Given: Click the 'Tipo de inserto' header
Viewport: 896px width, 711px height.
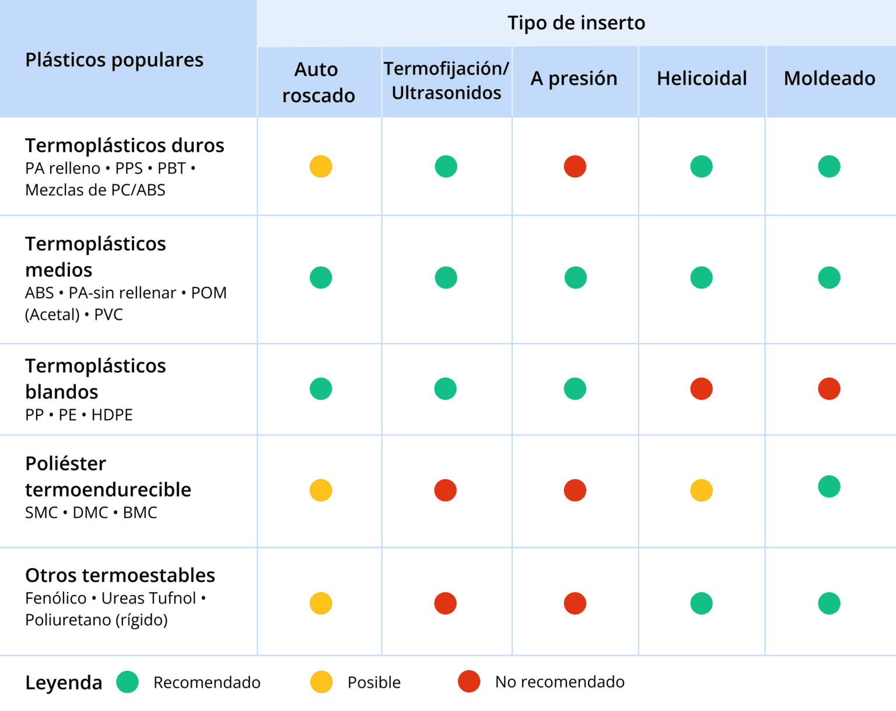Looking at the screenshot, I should pos(576,23).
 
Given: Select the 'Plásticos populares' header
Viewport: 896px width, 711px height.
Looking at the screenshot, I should pos(114,59).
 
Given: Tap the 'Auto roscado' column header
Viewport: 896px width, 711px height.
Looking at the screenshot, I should pos(318,82).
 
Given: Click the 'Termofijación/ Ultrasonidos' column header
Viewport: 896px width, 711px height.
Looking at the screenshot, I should pos(446,80).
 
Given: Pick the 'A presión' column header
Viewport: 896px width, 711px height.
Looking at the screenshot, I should pos(574,78).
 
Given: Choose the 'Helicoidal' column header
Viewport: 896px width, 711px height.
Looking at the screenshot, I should pos(702,78).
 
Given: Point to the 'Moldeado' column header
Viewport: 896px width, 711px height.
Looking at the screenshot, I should pos(829,78).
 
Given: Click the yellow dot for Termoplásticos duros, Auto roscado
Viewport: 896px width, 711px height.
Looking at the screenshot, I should pos(321,167).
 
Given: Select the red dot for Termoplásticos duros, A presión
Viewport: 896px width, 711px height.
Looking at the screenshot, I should pos(575,167).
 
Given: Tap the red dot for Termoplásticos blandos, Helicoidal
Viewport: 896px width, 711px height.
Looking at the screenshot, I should pos(701,389).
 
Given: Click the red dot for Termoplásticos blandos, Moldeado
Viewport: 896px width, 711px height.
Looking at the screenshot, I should pos(829,389).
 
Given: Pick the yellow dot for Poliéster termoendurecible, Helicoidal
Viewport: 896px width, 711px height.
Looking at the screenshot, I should pos(701,491).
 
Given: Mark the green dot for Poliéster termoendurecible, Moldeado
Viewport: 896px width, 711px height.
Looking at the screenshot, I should pos(829,486).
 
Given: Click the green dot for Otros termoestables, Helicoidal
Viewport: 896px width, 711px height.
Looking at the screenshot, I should pos(701,604).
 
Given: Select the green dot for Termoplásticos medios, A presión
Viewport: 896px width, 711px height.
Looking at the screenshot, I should pos(575,278).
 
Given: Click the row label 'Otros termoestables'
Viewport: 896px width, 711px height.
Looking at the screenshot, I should pos(120,575).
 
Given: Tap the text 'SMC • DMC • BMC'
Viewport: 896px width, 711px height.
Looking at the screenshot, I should pos(91,513).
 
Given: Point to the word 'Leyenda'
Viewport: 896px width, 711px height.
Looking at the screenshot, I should pos(64,682).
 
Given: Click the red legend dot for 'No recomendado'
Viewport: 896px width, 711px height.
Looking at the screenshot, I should pos(469,681).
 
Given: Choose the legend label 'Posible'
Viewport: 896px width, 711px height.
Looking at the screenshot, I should pos(374,682).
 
